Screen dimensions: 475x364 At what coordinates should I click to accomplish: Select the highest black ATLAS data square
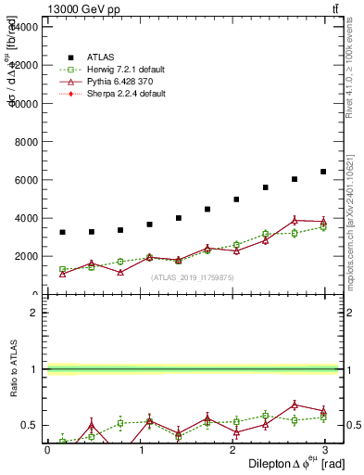pos(323,172)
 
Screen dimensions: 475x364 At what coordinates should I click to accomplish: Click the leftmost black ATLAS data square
pos(62,232)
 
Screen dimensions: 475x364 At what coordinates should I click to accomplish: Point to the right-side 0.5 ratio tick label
pos(353,426)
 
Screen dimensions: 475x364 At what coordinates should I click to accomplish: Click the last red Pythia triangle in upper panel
pos(323,222)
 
